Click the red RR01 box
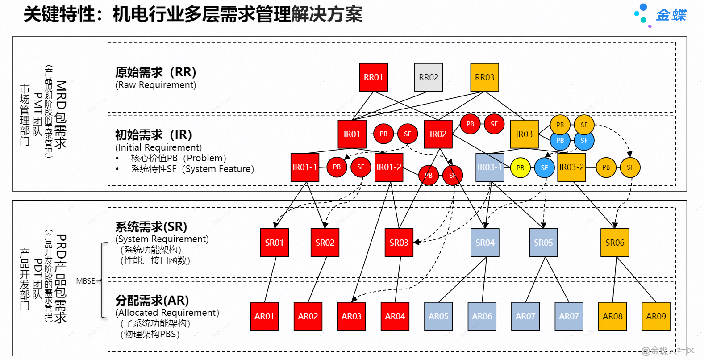[373, 77]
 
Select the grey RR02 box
[429, 77]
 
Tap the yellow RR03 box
[484, 77]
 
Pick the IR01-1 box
[305, 167]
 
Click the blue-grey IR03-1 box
[490, 167]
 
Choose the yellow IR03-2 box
[571, 167]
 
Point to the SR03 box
[399, 243]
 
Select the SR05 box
[543, 243]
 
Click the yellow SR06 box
[615, 243]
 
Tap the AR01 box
[264, 316]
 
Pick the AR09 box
[656, 316]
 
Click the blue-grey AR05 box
[438, 316]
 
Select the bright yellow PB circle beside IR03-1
[520, 168]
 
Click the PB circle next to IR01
[383, 134]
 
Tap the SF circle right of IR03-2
[630, 167]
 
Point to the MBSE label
[85, 281]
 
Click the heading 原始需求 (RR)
[155, 72]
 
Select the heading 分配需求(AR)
[152, 300]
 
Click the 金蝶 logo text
[671, 15]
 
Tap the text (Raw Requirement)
[155, 85]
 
